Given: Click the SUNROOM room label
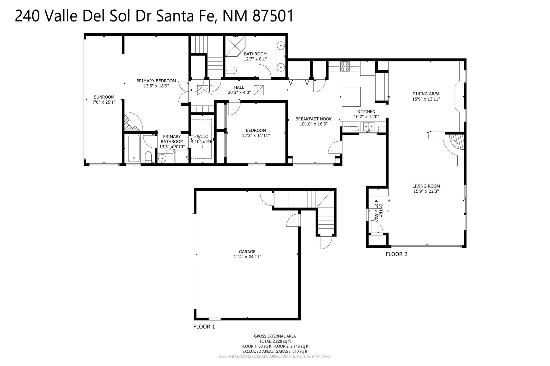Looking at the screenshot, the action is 104,97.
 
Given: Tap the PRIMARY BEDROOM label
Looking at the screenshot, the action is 156,81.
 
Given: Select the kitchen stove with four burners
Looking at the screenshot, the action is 345,66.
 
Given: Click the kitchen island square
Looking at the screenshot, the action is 351,97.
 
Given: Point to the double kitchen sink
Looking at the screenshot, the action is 369,126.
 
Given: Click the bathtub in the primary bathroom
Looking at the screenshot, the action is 133,148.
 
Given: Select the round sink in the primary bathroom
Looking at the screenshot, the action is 162,158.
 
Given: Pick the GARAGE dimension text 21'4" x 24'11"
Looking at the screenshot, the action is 247,257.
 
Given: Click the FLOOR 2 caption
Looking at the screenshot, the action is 396,254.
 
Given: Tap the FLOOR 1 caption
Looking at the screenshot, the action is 204,327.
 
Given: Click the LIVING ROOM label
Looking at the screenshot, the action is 426,186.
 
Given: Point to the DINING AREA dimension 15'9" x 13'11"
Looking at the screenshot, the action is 426,99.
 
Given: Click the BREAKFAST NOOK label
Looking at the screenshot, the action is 314,119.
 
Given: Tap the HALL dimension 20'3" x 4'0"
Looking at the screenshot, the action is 239,93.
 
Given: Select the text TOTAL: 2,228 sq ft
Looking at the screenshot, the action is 275,341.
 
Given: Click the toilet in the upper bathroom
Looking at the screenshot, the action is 231,70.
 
